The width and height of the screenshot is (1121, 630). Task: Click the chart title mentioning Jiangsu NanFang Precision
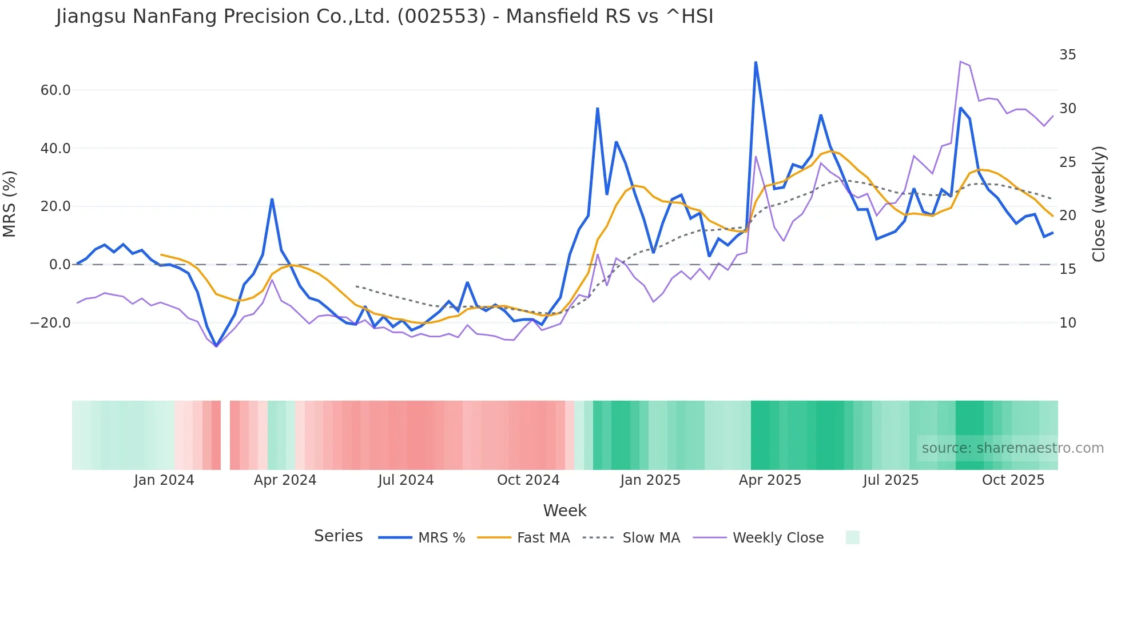tap(384, 17)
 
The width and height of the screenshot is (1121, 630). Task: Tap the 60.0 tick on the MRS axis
tap(55, 90)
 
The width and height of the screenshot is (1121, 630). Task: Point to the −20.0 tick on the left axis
tap(51, 323)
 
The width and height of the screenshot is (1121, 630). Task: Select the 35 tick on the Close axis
tap(1067, 55)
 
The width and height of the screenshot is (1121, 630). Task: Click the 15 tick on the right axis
tap(1067, 269)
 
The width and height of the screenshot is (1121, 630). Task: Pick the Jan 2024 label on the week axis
tap(164, 480)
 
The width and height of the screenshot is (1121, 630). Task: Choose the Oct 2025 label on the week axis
tap(1013, 480)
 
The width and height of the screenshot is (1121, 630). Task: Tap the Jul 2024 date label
tap(406, 480)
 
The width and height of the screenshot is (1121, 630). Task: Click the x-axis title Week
tap(565, 511)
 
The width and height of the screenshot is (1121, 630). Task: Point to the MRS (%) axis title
tap(10, 204)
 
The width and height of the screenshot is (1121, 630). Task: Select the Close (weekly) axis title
tap(1098, 204)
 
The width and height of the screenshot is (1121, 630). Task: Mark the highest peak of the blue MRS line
tap(756, 62)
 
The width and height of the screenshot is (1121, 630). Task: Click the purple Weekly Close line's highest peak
tap(960, 62)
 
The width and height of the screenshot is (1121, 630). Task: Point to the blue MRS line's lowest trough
tap(216, 346)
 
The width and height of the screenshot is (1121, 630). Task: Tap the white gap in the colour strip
tap(225, 435)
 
